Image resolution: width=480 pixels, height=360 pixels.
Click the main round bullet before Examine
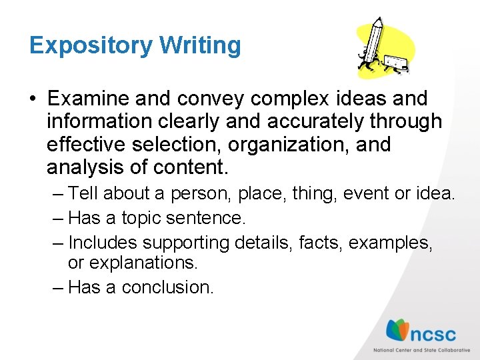(33, 99)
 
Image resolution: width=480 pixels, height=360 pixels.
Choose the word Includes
(103, 242)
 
